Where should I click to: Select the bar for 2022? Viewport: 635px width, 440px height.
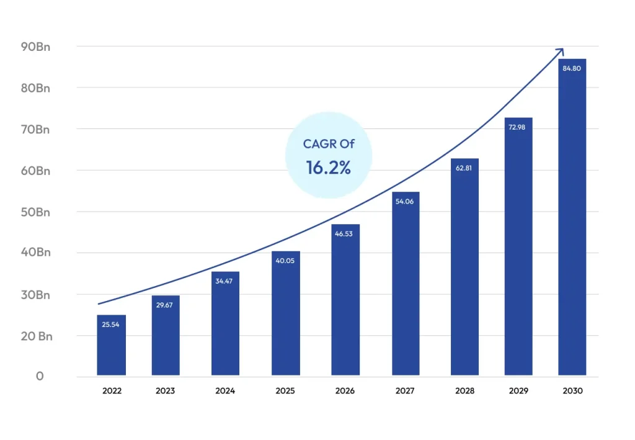112,345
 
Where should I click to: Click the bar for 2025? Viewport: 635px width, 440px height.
286,313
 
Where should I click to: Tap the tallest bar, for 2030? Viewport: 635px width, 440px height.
572,217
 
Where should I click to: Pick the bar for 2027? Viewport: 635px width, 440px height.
406,284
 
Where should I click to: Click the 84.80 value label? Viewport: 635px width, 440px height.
572,68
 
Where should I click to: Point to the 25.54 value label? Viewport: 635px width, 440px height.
110,325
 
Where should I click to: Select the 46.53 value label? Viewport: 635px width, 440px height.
344,234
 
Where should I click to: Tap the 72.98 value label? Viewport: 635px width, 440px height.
517,127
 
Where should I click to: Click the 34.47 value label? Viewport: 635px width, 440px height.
224,281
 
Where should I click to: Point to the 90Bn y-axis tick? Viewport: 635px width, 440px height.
35,47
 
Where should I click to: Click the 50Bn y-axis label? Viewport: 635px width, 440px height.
35,212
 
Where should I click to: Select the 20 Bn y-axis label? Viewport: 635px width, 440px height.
37,336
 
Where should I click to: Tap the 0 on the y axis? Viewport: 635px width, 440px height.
40,377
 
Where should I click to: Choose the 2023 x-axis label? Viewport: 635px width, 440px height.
165,391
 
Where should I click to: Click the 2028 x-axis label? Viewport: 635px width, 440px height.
465,391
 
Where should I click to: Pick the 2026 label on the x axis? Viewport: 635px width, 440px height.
345,391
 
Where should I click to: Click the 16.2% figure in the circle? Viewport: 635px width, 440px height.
329,168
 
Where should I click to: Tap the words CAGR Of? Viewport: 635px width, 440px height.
329,144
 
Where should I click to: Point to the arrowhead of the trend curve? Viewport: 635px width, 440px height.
562,50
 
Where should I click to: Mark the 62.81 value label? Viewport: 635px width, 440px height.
464,168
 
